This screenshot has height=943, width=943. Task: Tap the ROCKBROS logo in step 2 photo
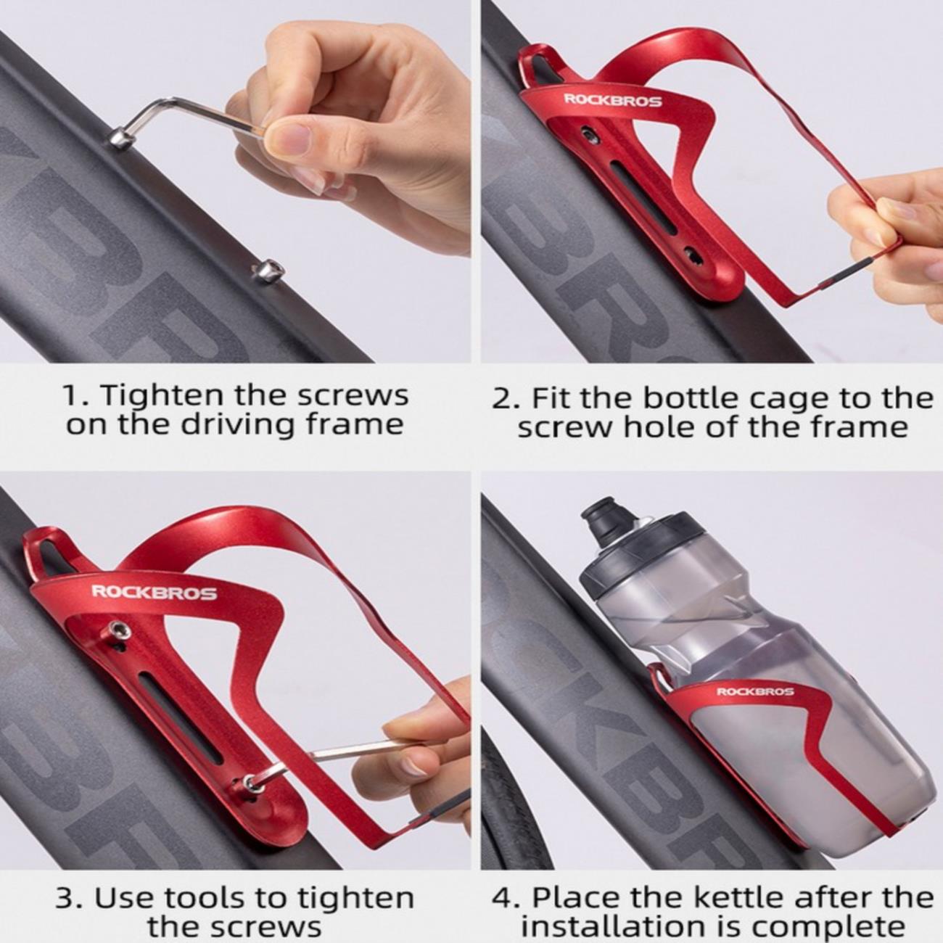coord(613,100)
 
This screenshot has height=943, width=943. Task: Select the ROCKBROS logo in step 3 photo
coord(155,593)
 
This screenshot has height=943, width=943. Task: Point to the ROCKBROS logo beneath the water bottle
coord(755,691)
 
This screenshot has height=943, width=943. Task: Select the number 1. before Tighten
coord(77,395)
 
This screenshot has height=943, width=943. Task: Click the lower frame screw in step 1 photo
coord(268,270)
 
